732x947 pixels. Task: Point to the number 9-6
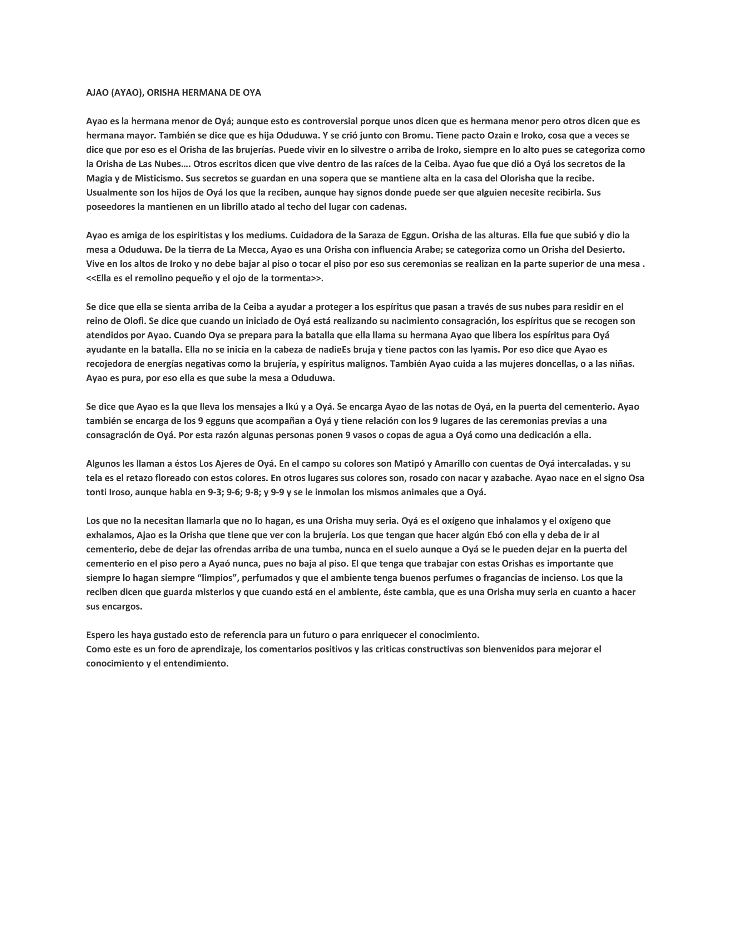point(234,492)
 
